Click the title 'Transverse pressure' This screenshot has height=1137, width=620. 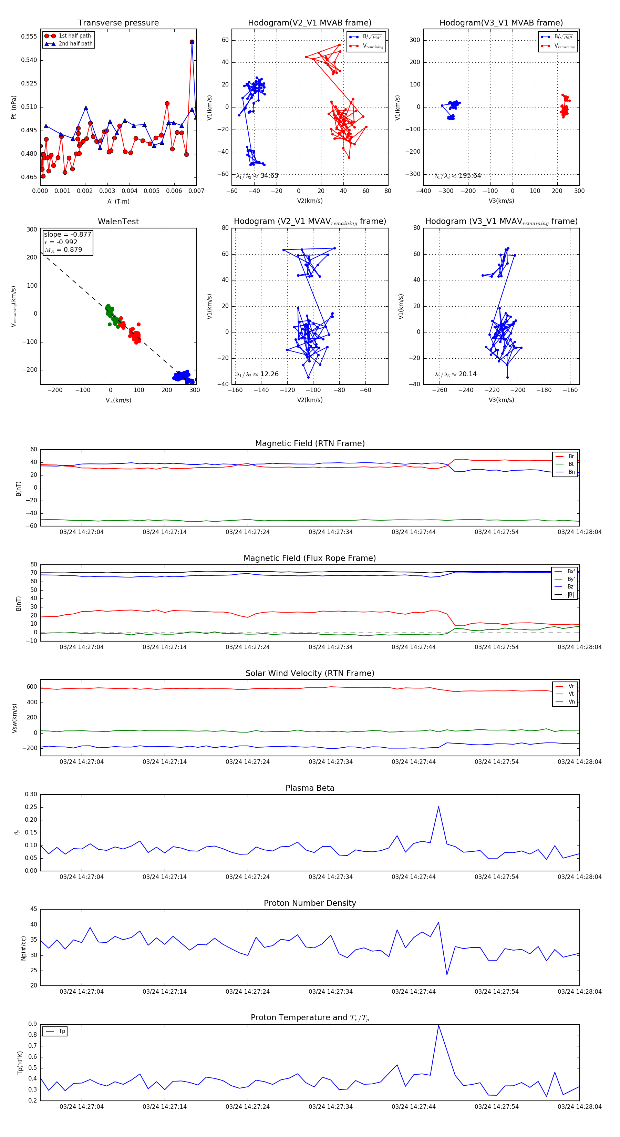point(118,23)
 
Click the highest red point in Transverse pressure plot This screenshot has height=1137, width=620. point(192,42)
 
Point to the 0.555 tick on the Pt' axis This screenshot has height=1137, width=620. point(29,37)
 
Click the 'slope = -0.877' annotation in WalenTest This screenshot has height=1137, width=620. point(68,234)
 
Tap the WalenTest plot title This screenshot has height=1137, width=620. point(118,222)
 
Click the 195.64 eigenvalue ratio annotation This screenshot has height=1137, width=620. point(458,176)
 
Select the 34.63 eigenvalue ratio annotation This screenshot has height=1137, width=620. point(257,176)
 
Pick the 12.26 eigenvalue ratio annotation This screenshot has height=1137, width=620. point(257,374)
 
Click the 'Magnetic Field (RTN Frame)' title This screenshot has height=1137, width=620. point(310,443)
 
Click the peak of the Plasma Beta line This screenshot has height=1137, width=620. point(438,807)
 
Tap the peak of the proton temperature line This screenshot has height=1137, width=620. point(438,1025)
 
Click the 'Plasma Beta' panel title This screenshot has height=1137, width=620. point(310,788)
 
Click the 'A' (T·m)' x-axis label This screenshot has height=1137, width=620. point(118,201)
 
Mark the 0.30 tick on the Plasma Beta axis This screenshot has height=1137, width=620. point(31,795)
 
